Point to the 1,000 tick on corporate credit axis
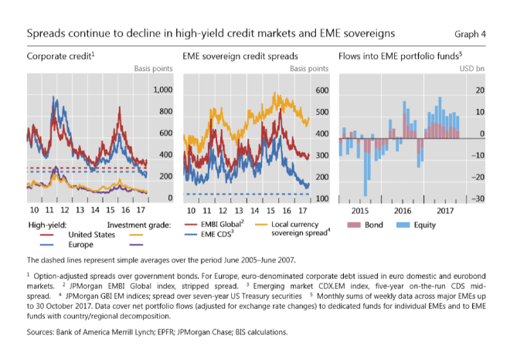[x=161, y=90]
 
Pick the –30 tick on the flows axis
[x=478, y=199]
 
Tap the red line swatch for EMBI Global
[x=192, y=225]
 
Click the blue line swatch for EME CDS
[x=192, y=234]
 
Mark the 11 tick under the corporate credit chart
[x=53, y=211]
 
